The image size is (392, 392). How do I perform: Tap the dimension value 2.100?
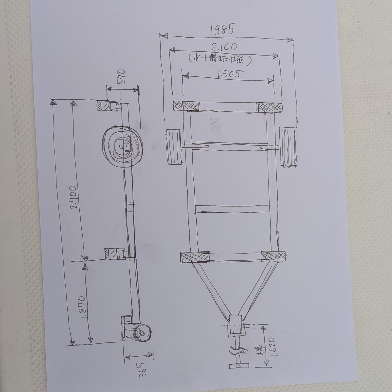pyautogui.click(x=224, y=47)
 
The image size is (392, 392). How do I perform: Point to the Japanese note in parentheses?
pyautogui.click(x=219, y=60)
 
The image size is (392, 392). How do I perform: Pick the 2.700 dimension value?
pyautogui.click(x=73, y=197)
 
